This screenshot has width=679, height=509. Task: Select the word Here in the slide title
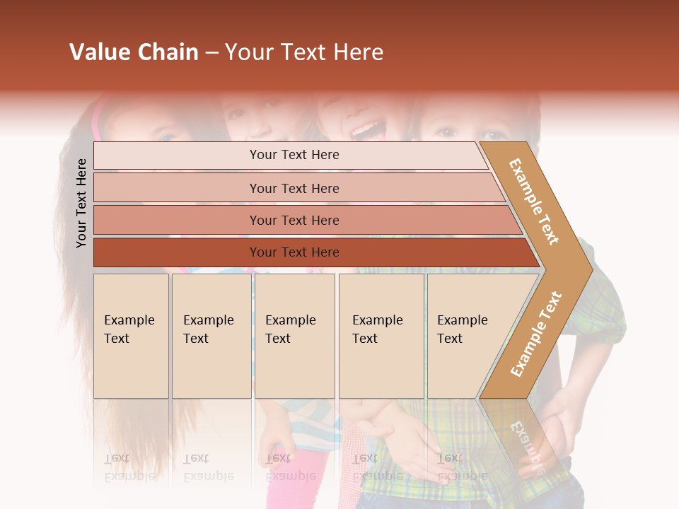tap(358, 52)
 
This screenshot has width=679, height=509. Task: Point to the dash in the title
tap(211, 53)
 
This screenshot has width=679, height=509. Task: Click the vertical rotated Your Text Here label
tap(81, 203)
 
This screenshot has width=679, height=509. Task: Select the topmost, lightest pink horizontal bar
tap(290, 155)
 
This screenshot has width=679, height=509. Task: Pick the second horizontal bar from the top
tap(294, 188)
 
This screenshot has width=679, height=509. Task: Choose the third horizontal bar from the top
tap(294, 220)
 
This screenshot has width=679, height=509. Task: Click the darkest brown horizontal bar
tap(294, 252)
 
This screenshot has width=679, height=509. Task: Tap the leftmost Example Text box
tap(131, 336)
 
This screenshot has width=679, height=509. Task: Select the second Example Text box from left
tap(211, 336)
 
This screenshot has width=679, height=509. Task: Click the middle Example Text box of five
tap(294, 336)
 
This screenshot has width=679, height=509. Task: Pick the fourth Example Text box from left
tap(381, 336)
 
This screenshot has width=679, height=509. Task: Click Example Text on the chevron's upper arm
tap(534, 201)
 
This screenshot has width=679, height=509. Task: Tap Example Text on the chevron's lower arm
tap(535, 334)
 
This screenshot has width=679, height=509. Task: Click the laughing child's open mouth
tap(366, 130)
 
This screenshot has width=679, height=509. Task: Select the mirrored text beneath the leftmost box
tap(129, 467)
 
